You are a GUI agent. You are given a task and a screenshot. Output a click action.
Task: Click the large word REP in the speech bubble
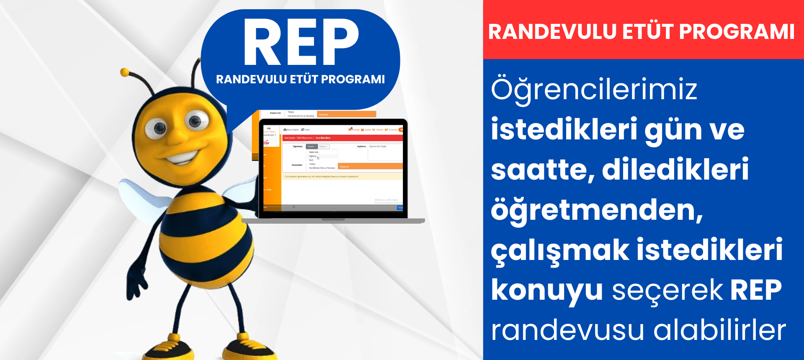point(301,42)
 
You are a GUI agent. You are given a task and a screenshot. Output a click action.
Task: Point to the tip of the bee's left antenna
point(124,72)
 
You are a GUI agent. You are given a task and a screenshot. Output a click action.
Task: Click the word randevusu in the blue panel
point(567,330)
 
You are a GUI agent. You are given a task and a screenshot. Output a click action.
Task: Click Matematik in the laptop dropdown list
point(314,152)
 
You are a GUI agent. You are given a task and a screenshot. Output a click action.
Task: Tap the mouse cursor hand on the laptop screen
point(318,158)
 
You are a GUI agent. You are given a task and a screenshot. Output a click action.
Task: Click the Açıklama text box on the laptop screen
point(384,153)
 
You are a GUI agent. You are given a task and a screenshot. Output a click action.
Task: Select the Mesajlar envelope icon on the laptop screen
point(350,129)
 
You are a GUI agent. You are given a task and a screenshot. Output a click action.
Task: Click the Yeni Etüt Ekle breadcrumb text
point(323,138)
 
